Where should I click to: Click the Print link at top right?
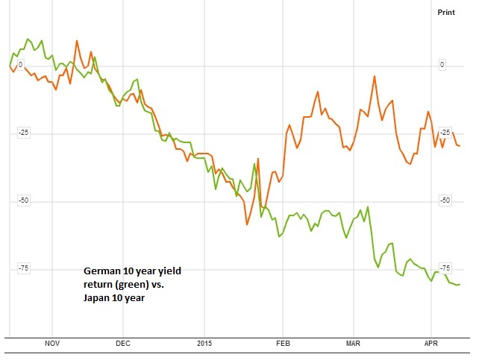[445, 13]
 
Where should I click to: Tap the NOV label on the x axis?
[51, 344]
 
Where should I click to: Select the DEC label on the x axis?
[123, 344]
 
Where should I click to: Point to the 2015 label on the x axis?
[205, 344]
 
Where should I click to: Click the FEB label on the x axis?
[282, 344]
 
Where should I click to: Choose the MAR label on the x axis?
[354, 344]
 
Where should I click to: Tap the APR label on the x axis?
[431, 344]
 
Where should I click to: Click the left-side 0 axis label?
[20, 65]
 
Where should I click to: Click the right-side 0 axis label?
[442, 65]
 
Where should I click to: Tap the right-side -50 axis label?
[446, 200]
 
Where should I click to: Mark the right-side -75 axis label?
[446, 268]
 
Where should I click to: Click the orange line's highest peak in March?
[374, 76]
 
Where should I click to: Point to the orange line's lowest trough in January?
[247, 224]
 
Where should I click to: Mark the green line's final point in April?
[460, 284]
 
